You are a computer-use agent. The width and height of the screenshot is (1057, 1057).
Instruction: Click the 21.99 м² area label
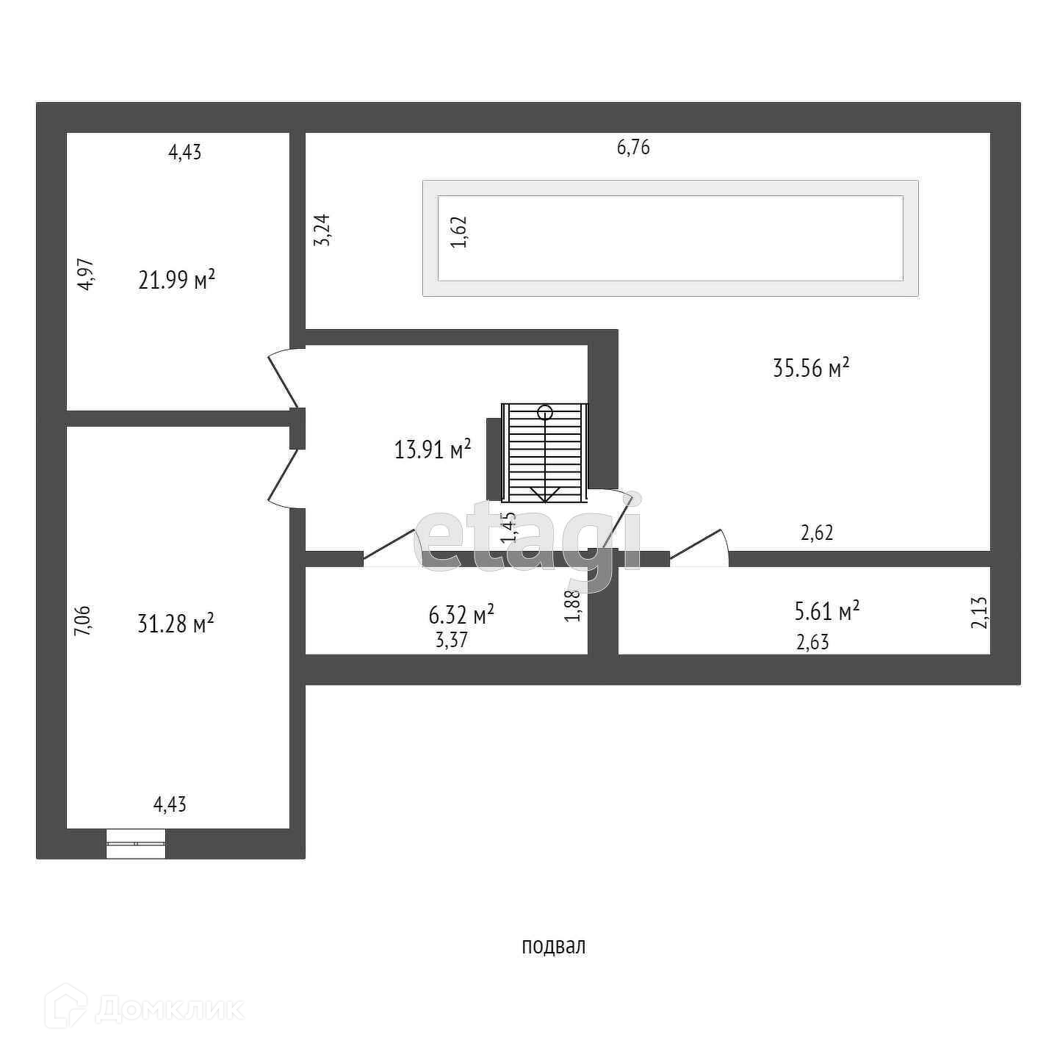click(176, 280)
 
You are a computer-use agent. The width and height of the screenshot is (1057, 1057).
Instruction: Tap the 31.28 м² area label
click(176, 624)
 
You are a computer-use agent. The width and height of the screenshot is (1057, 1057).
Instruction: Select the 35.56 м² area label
click(811, 367)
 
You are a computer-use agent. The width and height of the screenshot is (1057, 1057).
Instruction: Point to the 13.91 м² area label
click(433, 449)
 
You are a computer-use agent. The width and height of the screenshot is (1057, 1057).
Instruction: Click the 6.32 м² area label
click(461, 613)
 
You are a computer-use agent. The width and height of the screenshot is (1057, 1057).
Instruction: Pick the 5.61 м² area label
click(827, 610)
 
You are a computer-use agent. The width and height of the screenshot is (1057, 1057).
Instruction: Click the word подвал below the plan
click(553, 946)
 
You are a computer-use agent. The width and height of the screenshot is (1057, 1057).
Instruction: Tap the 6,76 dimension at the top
click(633, 148)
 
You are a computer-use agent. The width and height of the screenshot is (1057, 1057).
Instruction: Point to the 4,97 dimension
click(87, 274)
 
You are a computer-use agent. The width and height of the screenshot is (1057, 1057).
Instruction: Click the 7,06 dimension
click(83, 620)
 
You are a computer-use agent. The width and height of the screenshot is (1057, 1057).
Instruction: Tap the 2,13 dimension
click(980, 612)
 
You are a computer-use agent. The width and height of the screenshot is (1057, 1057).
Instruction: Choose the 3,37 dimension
click(452, 640)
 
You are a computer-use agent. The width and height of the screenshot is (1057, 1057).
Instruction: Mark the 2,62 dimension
click(817, 533)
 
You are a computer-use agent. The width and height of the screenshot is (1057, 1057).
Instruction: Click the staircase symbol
click(544, 452)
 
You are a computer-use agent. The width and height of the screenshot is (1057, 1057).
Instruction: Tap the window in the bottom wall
click(136, 843)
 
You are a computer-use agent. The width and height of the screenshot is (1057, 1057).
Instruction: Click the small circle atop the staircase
click(544, 412)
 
